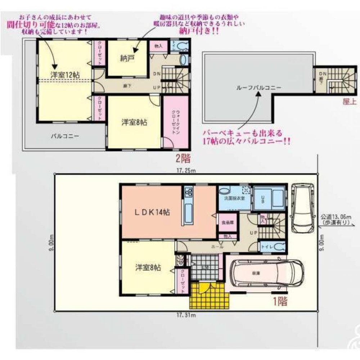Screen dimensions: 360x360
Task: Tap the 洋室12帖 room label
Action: [65, 75]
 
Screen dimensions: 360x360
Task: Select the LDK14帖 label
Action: [152, 212]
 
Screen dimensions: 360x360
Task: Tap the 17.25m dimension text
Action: [186, 171]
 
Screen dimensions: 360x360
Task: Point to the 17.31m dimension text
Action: [186, 316]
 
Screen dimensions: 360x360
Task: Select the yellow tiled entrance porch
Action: [207, 293]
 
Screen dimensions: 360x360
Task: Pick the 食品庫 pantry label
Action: [227, 223]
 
